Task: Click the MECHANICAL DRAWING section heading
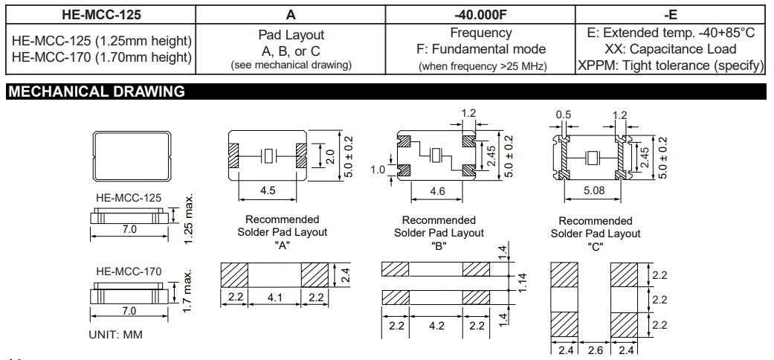(x=96, y=91)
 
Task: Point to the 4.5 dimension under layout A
(x=268, y=191)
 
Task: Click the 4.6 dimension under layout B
(x=439, y=191)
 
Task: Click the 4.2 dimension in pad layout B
(x=438, y=326)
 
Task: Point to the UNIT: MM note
(x=115, y=335)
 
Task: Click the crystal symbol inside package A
(x=268, y=157)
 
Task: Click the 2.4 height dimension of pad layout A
(x=346, y=274)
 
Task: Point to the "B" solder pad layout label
(x=439, y=246)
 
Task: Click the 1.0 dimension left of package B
(x=378, y=170)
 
